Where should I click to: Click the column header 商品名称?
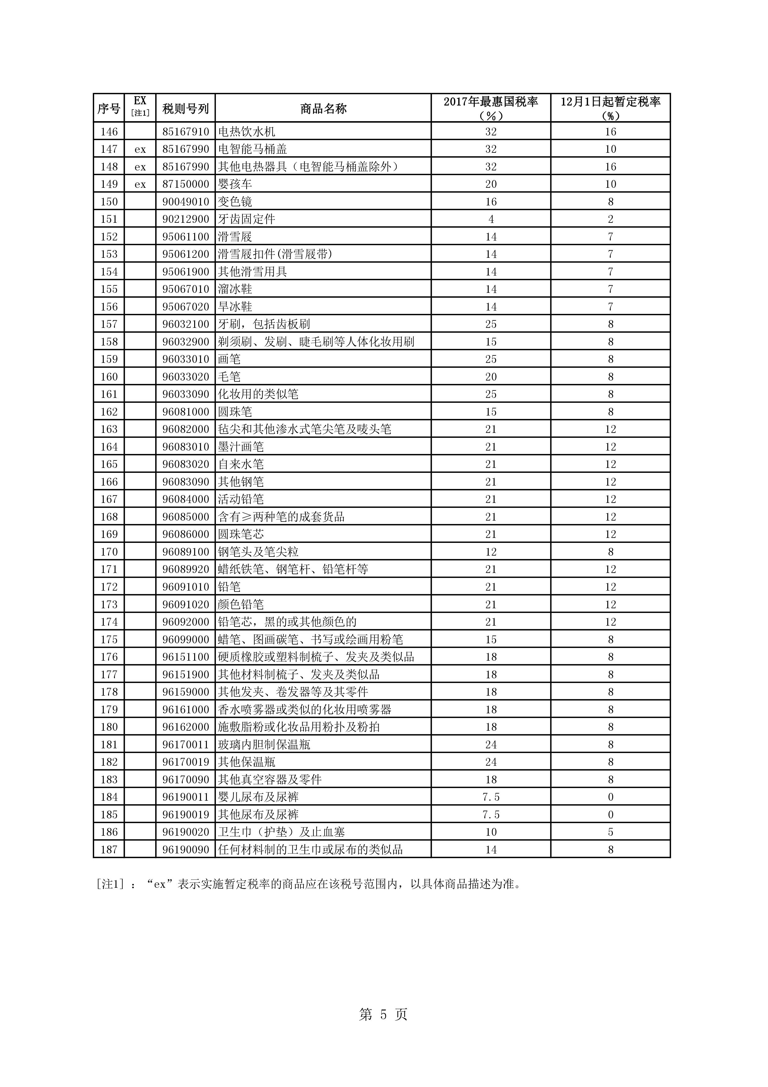point(323,109)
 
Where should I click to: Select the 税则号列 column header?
point(185,109)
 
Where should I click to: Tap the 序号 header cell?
point(109,109)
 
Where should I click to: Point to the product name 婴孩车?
point(235,184)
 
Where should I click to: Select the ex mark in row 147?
point(140,149)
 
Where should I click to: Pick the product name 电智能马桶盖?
point(252,149)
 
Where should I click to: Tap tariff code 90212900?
point(185,219)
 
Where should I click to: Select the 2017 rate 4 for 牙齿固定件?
point(491,219)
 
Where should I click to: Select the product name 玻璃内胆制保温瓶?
point(264,745)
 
